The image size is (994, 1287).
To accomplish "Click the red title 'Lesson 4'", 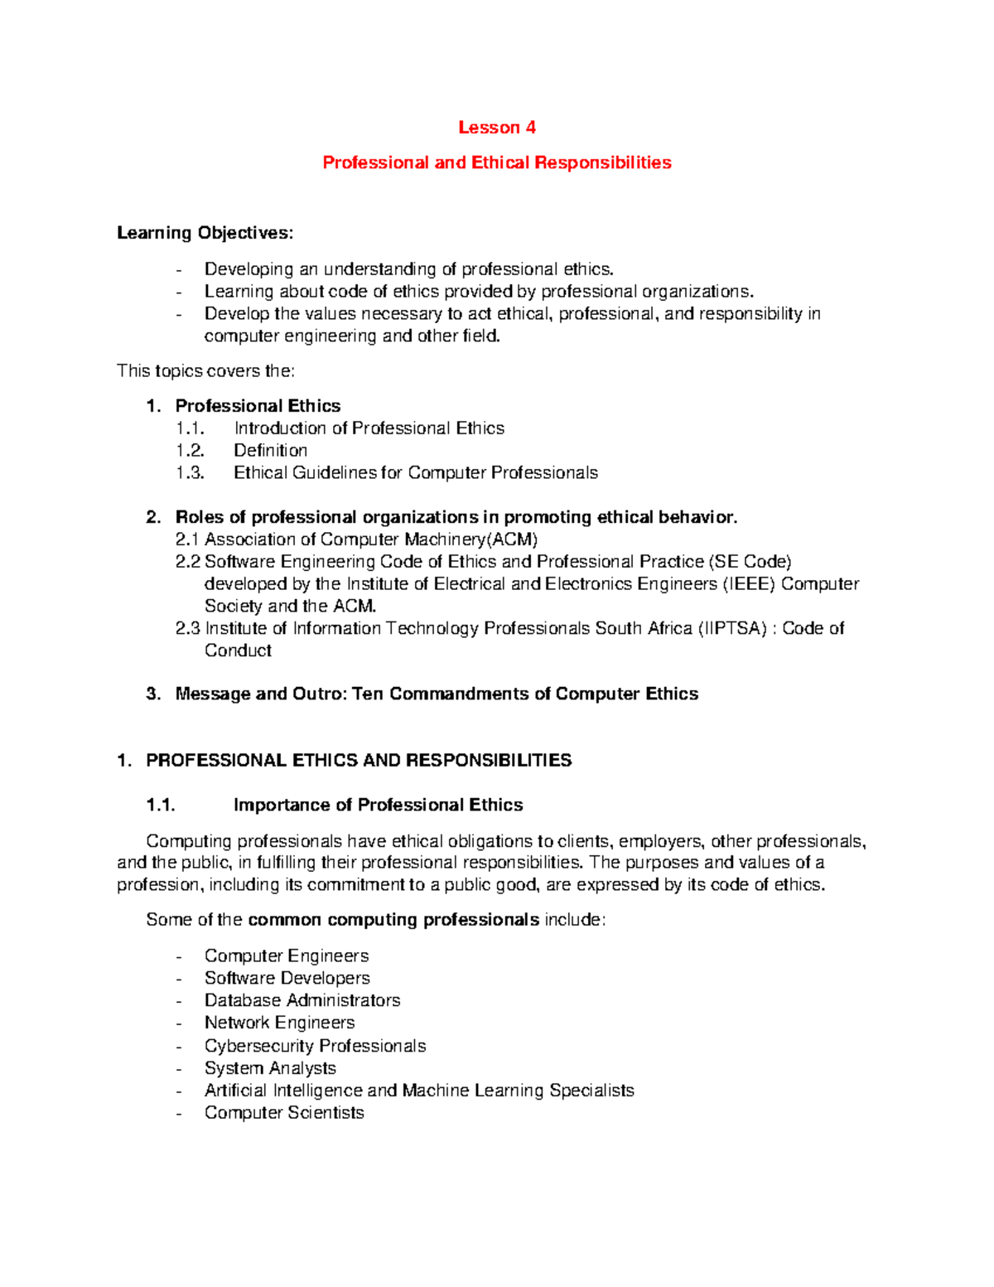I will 496,128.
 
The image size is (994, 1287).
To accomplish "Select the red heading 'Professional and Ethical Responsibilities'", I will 496,162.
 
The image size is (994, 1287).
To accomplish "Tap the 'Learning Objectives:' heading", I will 205,233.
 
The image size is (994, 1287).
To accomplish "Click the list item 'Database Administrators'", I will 302,1000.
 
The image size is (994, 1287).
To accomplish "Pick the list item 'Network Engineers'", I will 279,1023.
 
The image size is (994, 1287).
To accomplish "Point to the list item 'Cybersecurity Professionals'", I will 315,1046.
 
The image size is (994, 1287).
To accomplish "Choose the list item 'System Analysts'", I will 270,1068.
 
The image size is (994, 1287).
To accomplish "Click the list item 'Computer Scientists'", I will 284,1113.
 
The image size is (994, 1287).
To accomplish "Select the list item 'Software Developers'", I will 287,978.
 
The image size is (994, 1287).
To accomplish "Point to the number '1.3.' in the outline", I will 190,473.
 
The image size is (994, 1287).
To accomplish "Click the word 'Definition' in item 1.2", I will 270,451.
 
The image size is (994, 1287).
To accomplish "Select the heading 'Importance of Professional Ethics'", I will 378,805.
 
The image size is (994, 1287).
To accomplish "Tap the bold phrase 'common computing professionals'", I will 393,920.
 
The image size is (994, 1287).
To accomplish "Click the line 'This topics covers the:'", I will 205,370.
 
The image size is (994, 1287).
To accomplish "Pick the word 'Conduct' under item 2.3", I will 238,651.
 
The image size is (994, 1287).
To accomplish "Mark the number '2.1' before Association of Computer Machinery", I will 188,539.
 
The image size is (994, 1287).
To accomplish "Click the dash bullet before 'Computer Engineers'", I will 180,956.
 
